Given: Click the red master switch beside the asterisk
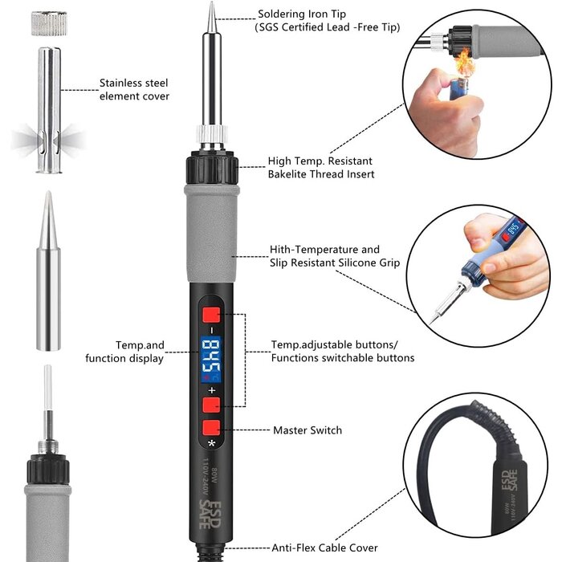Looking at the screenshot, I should (212, 427).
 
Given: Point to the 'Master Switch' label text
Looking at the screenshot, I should (307, 430).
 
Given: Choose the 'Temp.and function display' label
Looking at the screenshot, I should (124, 352).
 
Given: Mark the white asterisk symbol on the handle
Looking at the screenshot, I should (211, 443).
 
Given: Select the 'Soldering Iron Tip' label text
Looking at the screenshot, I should (304, 14).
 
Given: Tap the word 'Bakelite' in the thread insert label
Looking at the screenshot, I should (289, 174).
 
